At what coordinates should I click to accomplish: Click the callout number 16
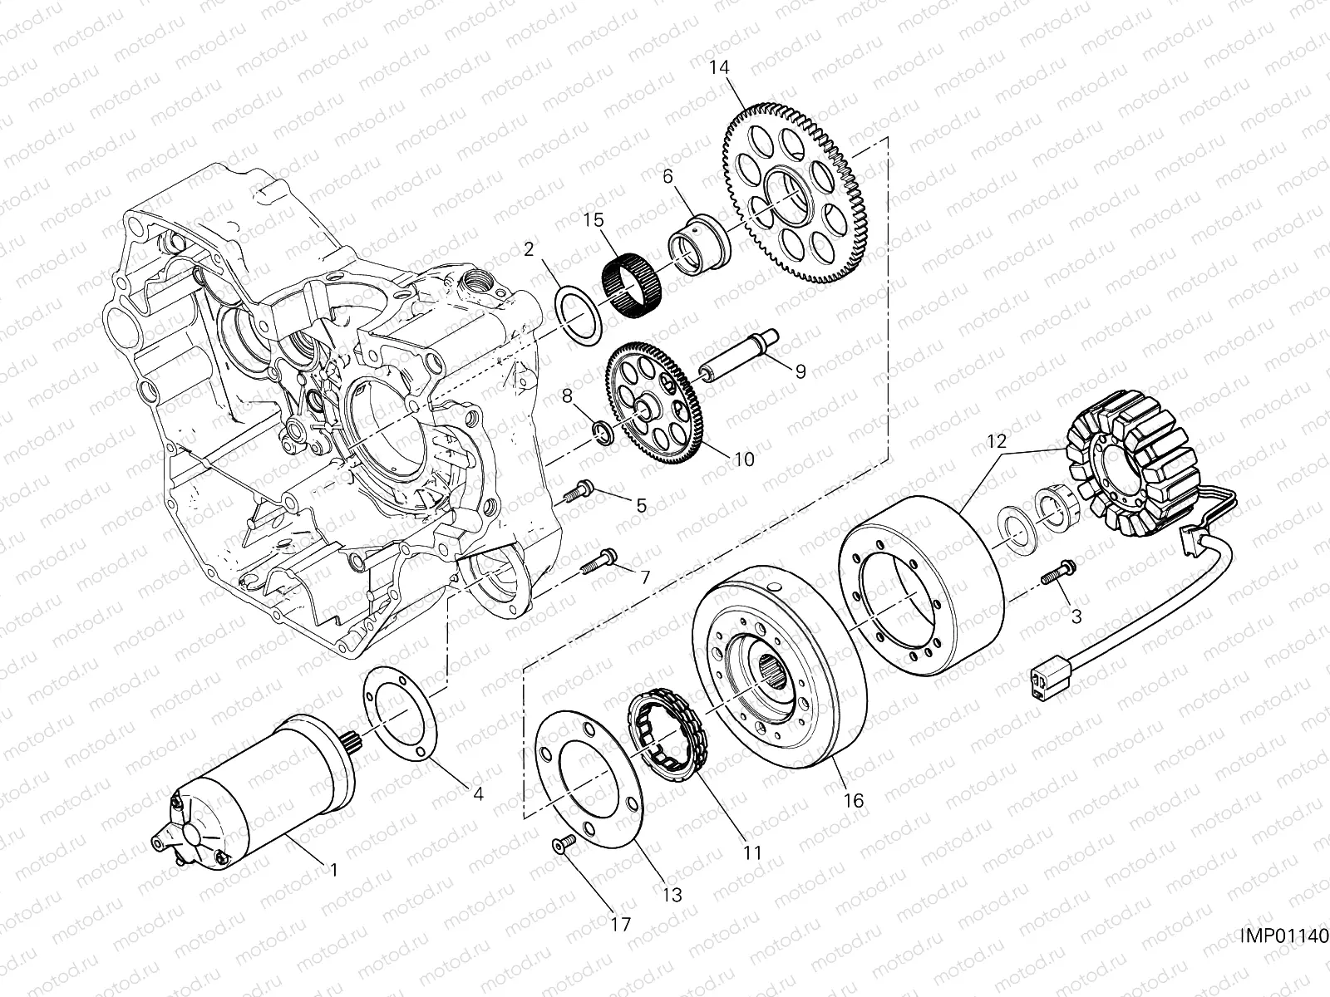point(854,801)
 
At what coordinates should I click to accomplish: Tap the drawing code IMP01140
point(1283,936)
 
